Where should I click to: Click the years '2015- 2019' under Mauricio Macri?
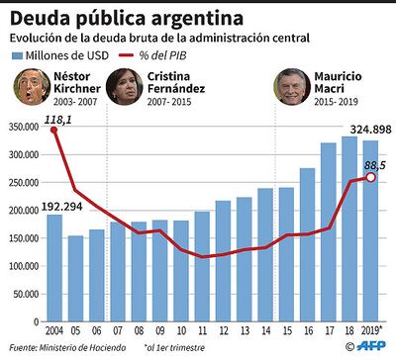coord(332,102)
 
